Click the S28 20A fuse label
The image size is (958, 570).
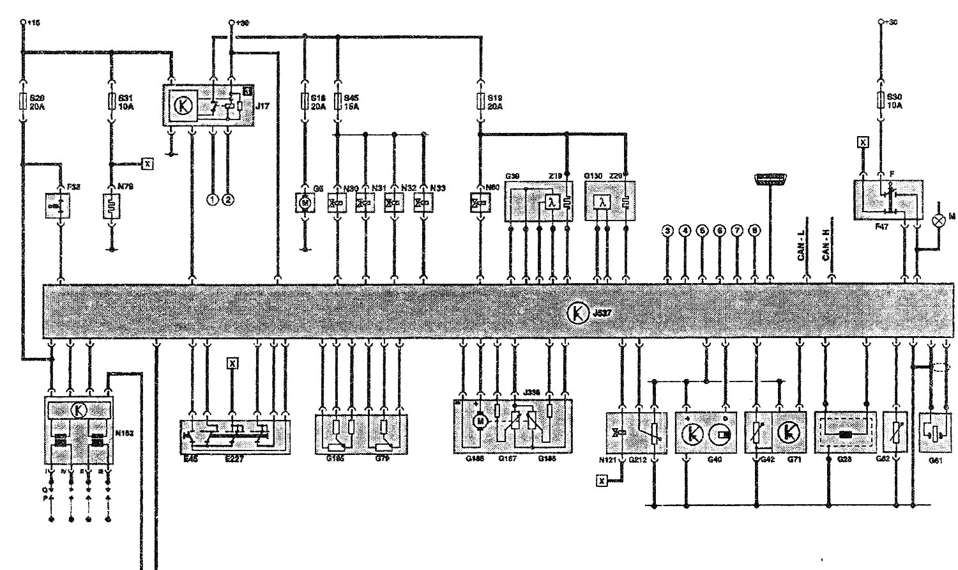(38, 102)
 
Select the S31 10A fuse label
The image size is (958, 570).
(126, 102)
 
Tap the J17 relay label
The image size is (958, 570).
(262, 107)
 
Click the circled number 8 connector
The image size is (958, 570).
(754, 231)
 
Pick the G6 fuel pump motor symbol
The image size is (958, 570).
(304, 203)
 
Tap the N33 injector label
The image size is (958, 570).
(438, 188)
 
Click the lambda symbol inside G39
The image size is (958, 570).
(552, 203)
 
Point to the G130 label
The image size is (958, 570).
(593, 175)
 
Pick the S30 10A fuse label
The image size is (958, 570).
(896, 102)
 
